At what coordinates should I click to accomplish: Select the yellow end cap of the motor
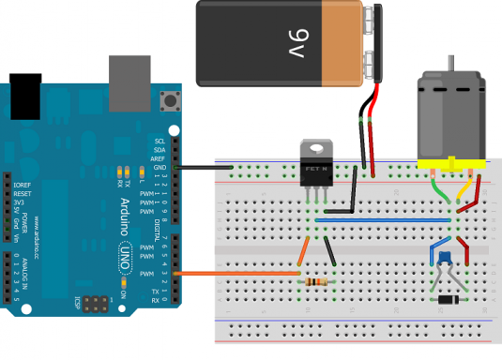[450, 165]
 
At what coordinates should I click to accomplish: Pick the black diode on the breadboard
[449, 299]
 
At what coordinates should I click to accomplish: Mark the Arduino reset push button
[172, 100]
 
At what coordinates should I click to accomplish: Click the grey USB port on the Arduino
[129, 79]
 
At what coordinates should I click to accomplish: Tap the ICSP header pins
[95, 305]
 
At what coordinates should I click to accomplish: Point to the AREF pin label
[159, 159]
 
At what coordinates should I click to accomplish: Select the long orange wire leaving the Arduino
[235, 273]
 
